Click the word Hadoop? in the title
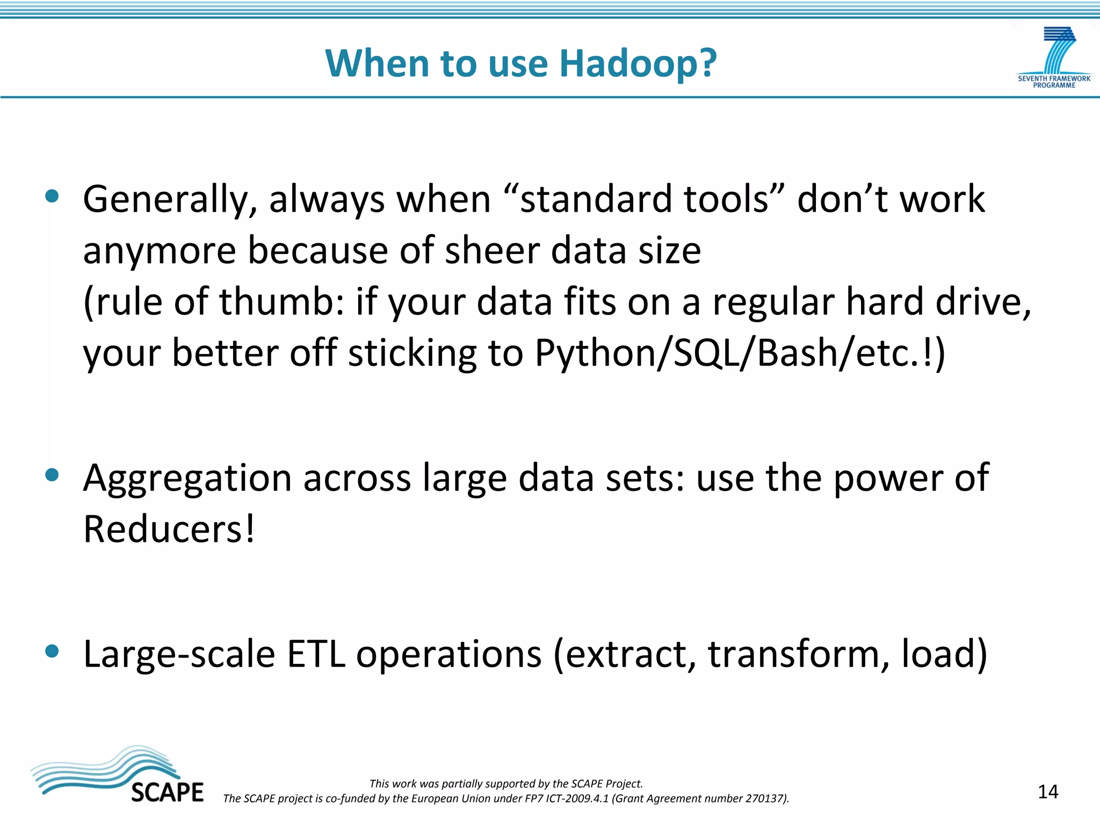[638, 64]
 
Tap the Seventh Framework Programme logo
[1054, 58]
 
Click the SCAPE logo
[118, 775]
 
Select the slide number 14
[1047, 792]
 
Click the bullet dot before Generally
[52, 196]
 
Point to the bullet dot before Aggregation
[52, 475]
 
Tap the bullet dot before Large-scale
[52, 651]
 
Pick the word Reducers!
[169, 530]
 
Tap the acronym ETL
[316, 654]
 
